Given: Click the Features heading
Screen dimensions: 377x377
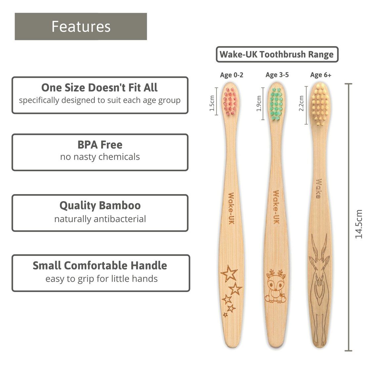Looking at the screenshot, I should click(x=81, y=26).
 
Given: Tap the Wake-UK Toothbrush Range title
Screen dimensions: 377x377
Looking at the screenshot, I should click(x=277, y=54).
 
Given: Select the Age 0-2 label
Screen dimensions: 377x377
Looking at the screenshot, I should click(x=231, y=75).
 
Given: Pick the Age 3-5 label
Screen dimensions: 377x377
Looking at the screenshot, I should click(x=277, y=75).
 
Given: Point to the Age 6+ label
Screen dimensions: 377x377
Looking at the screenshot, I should click(x=320, y=75).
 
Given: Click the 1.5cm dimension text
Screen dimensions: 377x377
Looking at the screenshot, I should click(x=212, y=103).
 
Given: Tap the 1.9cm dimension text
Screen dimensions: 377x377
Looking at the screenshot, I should click(x=259, y=103).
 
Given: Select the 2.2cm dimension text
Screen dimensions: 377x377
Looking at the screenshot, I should click(x=301, y=104).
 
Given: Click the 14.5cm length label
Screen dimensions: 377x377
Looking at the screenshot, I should click(x=359, y=224).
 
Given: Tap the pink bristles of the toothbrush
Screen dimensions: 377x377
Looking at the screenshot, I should click(x=230, y=102).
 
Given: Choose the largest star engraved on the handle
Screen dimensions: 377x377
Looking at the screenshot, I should click(x=229, y=273).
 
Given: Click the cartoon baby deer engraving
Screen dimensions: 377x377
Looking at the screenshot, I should click(x=276, y=286).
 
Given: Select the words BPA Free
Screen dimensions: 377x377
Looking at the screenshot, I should click(x=100, y=145).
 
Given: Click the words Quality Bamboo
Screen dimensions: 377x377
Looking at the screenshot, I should click(x=100, y=205).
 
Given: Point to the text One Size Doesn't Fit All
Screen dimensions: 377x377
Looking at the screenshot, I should click(x=100, y=88).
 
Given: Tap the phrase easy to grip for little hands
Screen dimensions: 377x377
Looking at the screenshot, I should click(x=101, y=279).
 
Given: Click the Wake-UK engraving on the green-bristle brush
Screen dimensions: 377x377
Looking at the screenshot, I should click(x=276, y=207).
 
